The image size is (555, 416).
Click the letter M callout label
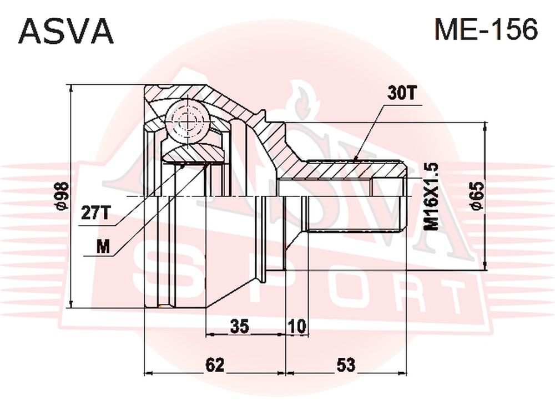pyautogui.click(x=104, y=246)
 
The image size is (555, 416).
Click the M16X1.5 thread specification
pyautogui.click(x=431, y=197)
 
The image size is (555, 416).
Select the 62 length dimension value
pyautogui.click(x=215, y=365)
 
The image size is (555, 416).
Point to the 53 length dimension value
pyautogui.click(x=346, y=365)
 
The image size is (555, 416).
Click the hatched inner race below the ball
pyautogui.click(x=193, y=154)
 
